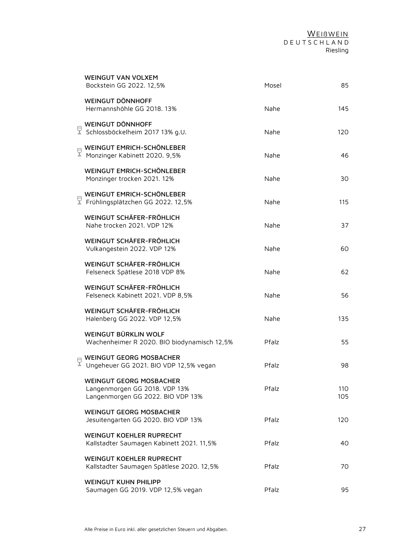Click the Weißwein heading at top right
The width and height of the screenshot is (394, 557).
click(327, 34)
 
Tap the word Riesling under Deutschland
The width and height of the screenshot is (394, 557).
click(337, 51)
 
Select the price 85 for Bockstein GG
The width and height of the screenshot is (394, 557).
click(345, 85)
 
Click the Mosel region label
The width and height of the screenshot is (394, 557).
click(272, 85)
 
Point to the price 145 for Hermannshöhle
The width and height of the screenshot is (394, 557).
click(343, 109)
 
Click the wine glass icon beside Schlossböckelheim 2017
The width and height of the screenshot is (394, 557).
click(79, 130)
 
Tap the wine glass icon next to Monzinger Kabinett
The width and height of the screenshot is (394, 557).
click(79, 152)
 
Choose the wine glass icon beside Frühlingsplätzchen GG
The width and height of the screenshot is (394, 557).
click(79, 200)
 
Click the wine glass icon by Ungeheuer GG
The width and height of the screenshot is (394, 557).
click(79, 362)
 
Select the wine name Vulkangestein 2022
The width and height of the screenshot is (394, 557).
click(130, 249)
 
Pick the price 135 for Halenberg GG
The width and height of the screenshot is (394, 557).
click(343, 319)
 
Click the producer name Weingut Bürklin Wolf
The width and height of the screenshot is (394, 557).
click(124, 334)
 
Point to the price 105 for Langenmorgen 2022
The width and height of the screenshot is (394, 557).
click(343, 396)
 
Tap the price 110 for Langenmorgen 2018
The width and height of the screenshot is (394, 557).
click(343, 389)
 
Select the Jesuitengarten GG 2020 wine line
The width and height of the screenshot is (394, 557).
click(144, 420)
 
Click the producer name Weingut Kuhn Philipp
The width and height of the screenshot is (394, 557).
click(123, 482)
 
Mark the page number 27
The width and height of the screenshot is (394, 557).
click(362, 529)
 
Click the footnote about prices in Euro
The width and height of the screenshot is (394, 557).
click(156, 529)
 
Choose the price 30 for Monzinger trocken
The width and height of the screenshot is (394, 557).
click(344, 179)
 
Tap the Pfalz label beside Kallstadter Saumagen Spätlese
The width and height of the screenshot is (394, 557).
click(271, 467)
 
